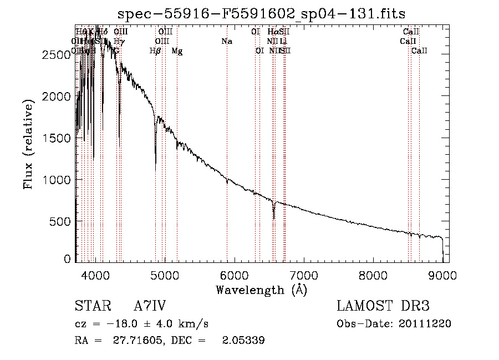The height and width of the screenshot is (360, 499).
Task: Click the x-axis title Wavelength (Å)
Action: (261, 290)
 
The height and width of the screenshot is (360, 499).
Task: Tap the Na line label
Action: (226, 42)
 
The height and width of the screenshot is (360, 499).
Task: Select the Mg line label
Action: (177, 51)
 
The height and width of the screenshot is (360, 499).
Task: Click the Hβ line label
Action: (155, 51)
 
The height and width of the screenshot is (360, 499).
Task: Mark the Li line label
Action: (283, 42)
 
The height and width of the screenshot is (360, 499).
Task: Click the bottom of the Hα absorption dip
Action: (274, 219)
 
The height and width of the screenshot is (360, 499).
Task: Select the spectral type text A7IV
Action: (149, 307)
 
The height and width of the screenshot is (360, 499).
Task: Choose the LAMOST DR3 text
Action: (383, 307)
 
